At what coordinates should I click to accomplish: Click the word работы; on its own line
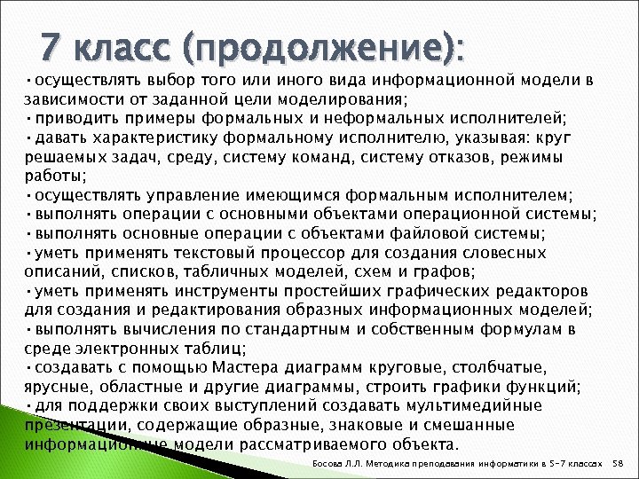tap(51, 176)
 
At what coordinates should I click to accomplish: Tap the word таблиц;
tap(217, 348)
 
